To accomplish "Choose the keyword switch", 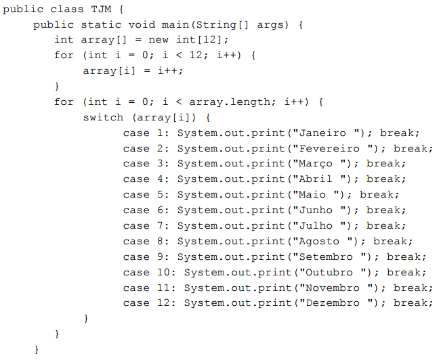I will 104,117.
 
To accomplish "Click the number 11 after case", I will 169,288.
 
